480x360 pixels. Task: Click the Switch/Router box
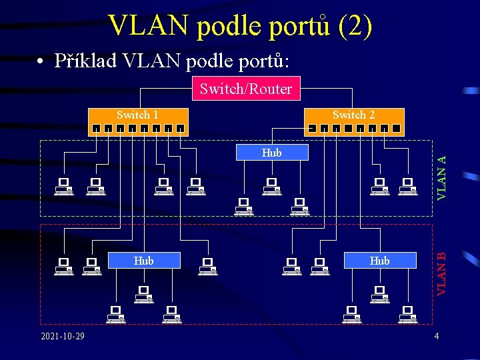tap(246, 89)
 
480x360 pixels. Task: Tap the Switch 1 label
tap(137, 115)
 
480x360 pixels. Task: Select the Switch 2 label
tap(353, 115)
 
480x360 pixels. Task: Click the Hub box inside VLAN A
tap(272, 153)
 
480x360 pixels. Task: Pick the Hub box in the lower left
tap(144, 261)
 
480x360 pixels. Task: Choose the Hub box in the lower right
tap(379, 261)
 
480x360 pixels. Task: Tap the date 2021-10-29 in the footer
tap(63, 335)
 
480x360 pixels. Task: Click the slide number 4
tap(437, 335)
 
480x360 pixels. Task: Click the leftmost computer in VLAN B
tap(64, 266)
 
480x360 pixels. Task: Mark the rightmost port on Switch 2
tap(396, 128)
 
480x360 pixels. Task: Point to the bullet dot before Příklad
tap(41, 61)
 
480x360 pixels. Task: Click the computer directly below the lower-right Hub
tap(379, 294)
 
